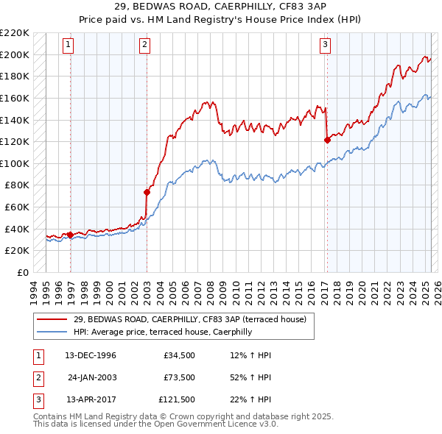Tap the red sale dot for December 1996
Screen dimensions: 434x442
pyautogui.click(x=71, y=235)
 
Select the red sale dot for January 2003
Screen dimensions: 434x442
pyautogui.click(x=147, y=193)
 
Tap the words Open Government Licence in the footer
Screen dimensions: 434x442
pyautogui.click(x=213, y=424)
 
